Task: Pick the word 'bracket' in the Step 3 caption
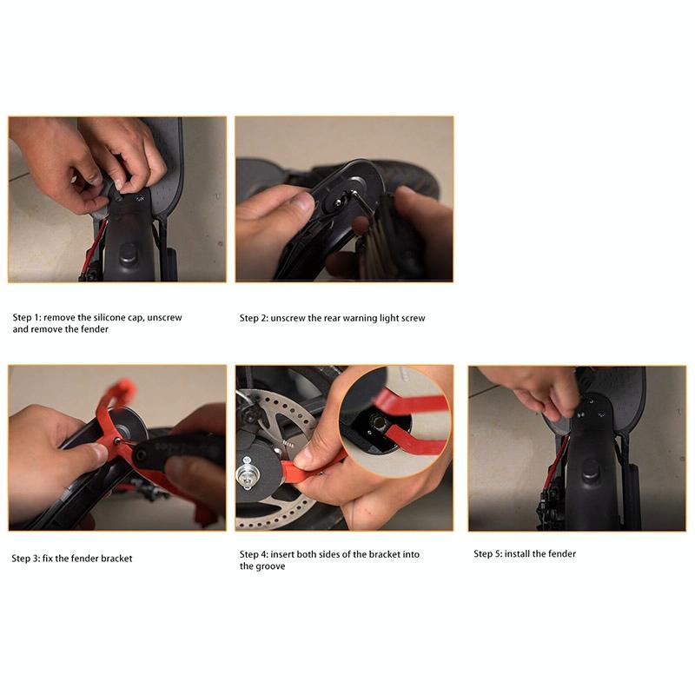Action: click(x=116, y=559)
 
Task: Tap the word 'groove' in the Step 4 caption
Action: click(x=271, y=566)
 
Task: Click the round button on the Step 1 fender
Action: click(x=128, y=254)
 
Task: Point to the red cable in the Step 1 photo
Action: click(x=96, y=244)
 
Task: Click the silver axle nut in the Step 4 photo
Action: click(x=247, y=475)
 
